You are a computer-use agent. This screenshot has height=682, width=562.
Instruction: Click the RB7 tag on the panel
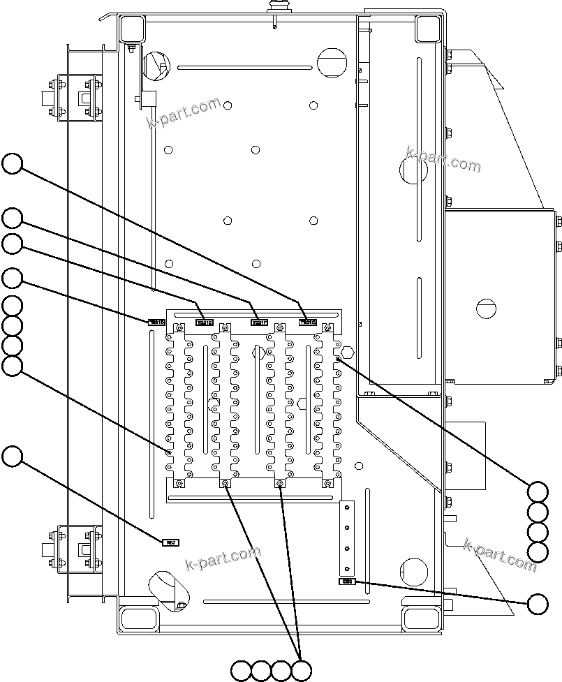click(x=170, y=542)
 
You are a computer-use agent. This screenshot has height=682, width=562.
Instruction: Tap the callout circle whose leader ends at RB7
click(x=12, y=457)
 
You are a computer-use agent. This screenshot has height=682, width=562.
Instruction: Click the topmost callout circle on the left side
click(x=12, y=165)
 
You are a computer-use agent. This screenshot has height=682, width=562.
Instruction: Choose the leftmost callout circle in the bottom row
click(x=241, y=671)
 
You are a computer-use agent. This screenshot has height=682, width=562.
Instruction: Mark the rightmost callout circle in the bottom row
click(x=302, y=671)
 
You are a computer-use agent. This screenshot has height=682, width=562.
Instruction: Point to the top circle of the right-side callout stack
click(x=538, y=491)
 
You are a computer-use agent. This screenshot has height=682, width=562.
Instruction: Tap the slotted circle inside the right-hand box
click(x=487, y=307)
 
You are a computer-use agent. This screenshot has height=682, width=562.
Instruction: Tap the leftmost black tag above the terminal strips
click(x=156, y=323)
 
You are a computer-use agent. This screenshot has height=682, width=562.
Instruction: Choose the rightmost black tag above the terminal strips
click(x=308, y=322)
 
